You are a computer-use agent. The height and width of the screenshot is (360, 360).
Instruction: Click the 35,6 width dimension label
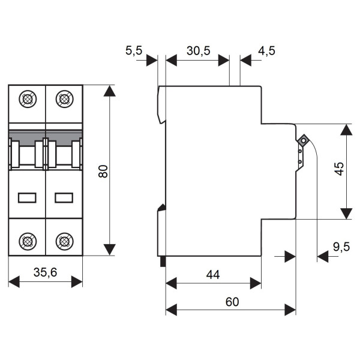(x=45, y=272)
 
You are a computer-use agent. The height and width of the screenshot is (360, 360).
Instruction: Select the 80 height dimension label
(x=103, y=171)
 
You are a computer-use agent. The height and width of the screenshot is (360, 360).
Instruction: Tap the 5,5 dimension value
(x=134, y=50)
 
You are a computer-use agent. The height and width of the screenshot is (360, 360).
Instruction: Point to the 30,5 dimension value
(x=199, y=51)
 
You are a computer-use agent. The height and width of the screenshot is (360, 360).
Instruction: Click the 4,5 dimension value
(x=266, y=51)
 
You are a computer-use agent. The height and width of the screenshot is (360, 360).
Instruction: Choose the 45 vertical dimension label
(x=340, y=169)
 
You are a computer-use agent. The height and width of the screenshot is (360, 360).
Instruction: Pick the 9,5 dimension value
(x=341, y=247)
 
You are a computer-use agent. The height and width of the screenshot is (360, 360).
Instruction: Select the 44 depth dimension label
(x=213, y=274)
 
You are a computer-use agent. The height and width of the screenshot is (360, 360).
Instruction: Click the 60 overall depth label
(x=232, y=302)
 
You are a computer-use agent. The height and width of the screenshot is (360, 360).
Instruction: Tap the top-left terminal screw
(x=28, y=99)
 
